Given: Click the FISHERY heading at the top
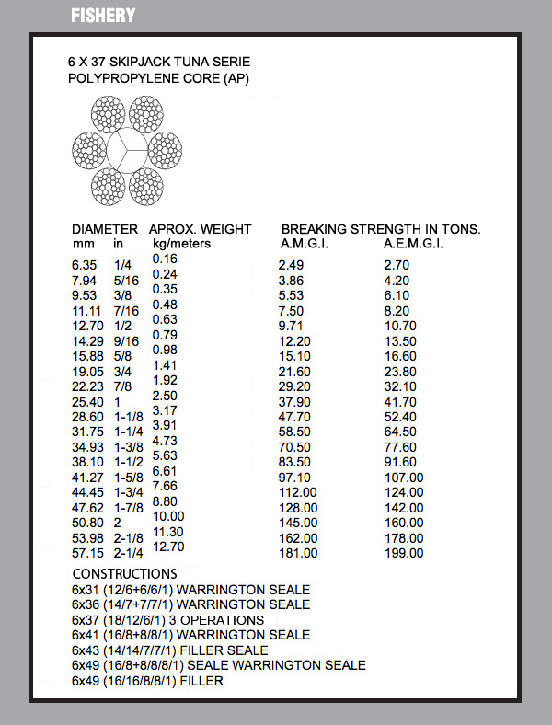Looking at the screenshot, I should coord(103,16).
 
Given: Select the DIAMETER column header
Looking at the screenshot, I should coord(105,229).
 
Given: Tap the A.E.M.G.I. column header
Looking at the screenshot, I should coord(413,244).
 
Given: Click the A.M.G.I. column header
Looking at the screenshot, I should coord(305,244).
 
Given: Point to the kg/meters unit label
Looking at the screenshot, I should coord(181,244).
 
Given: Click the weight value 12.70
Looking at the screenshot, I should coord(170,547).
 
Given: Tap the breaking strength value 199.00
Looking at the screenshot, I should coord(405,553).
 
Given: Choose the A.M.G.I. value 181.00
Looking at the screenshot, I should coord(298,553).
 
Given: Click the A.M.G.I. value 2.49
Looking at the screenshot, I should coord(291,265).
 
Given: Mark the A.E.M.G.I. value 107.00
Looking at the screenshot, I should coord(405,478).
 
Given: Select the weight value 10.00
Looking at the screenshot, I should coord(170,516).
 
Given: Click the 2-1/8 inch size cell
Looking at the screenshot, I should coord(127,538).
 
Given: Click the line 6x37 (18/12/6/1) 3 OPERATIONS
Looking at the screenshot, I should coord(167,620).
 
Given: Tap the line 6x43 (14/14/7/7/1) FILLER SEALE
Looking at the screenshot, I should coord(170,650).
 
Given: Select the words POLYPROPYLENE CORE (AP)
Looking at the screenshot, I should coord(158,78).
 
